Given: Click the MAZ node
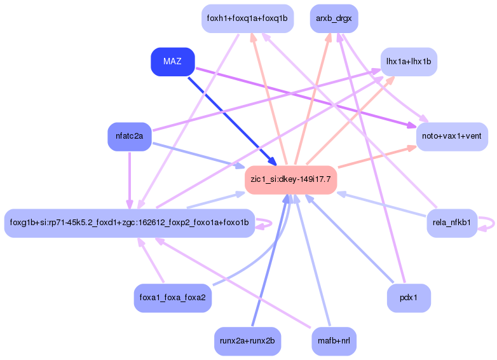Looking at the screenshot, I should click(x=172, y=62).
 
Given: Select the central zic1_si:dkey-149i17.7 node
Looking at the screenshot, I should click(x=290, y=179).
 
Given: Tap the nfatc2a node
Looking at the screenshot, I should click(x=129, y=136).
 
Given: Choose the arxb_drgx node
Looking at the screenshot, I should click(x=334, y=18).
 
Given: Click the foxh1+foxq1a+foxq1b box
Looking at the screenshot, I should click(x=247, y=18).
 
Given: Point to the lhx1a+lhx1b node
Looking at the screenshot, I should click(x=409, y=62).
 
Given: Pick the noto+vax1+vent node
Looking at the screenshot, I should click(x=451, y=136).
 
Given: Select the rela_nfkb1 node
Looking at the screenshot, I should click(x=451, y=223).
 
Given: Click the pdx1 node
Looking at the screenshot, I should click(x=409, y=298).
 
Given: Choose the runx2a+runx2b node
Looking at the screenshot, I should click(x=247, y=341).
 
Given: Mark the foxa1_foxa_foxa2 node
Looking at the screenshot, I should click(x=172, y=298).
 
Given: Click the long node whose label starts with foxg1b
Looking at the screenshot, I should click(x=129, y=223).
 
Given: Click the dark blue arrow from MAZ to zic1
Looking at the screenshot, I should click(x=232, y=121).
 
